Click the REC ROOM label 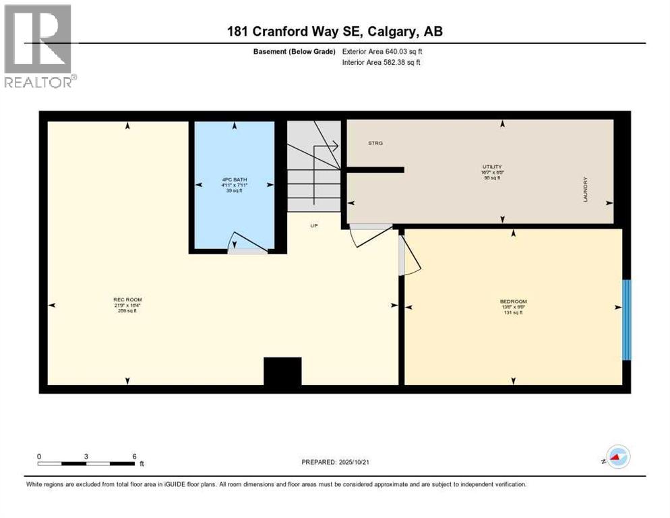127,299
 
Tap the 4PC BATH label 234,179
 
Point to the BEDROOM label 513,301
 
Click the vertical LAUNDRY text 586,190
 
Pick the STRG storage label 375,143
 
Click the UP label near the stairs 313,225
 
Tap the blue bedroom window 626,319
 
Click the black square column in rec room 282,372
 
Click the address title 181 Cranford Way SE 334,31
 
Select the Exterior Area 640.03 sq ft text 382,51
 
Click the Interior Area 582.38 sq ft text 382,63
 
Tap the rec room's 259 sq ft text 127,311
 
